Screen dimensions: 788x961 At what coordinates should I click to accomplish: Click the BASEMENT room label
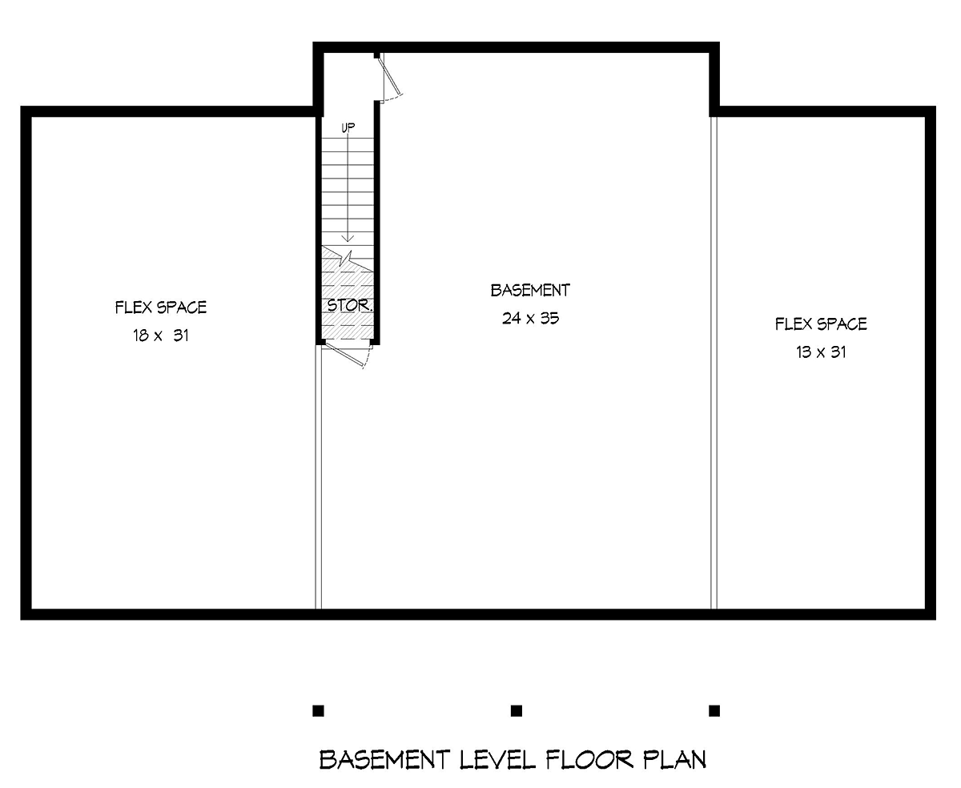click(530, 290)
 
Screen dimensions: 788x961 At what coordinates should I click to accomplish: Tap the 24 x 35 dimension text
click(530, 318)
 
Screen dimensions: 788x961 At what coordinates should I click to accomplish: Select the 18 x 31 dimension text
click(160, 336)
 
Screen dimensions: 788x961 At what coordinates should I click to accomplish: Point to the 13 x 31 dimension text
click(821, 352)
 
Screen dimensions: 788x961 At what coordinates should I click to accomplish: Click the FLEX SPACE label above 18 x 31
click(161, 308)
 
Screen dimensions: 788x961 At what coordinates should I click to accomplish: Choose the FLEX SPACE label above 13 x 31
click(821, 324)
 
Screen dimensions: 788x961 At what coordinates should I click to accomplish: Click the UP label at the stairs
click(348, 127)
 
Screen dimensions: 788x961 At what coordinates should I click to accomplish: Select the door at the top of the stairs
click(391, 78)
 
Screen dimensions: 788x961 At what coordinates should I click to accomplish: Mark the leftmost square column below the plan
click(318, 710)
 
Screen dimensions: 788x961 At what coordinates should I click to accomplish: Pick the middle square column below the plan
click(517, 710)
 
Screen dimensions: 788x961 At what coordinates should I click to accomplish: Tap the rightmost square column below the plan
click(714, 710)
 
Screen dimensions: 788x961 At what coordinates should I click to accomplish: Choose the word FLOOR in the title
click(591, 759)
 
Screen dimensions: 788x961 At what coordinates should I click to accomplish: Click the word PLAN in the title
click(675, 759)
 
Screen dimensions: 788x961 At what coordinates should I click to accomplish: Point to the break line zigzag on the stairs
click(347, 258)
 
